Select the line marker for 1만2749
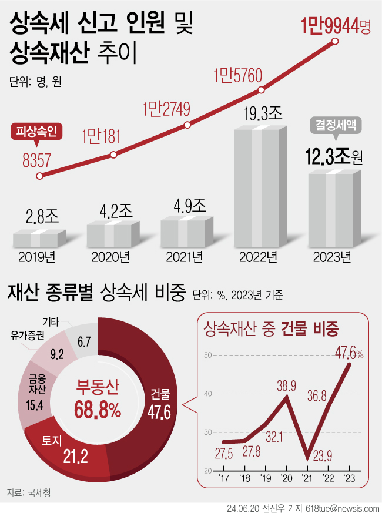point(187,125)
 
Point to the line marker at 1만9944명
point(335,41)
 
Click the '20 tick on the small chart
point(286,478)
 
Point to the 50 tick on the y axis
point(208,355)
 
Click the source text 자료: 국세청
point(29,492)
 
